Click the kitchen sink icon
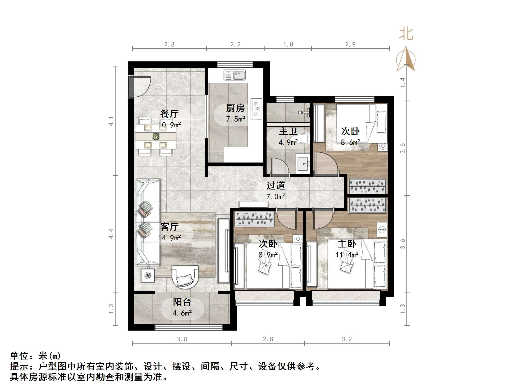click(235, 75)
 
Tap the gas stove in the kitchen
click(256, 109)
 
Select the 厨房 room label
click(235, 108)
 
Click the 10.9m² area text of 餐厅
click(170, 125)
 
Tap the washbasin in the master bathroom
click(303, 163)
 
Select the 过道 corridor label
click(276, 186)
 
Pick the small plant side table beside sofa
click(148, 276)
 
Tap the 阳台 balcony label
click(182, 302)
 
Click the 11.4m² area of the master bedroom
click(347, 255)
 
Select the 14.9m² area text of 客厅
click(170, 238)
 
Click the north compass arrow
click(406, 58)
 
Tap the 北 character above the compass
click(406, 34)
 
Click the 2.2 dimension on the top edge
click(235, 44)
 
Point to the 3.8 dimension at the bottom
click(182, 339)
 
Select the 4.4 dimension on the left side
click(111, 234)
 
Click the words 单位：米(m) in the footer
click(35, 356)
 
